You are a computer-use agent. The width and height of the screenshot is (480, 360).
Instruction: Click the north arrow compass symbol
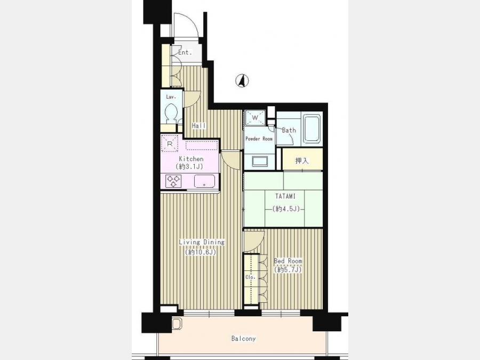coord(242,81)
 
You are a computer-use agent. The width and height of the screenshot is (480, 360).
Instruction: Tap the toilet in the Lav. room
coord(171,114)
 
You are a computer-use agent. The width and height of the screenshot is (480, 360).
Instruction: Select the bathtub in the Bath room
coord(312,128)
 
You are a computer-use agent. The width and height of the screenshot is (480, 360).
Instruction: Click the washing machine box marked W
coord(255,117)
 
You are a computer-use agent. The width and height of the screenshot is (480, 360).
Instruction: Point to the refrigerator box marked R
coord(170,143)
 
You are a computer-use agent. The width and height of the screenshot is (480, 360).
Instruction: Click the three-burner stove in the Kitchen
coord(173,181)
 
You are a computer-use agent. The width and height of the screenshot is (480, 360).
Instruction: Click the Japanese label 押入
coord(302,161)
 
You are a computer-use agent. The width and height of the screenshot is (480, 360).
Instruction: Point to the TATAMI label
coord(285,196)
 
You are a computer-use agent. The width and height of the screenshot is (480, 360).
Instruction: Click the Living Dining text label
coord(202,242)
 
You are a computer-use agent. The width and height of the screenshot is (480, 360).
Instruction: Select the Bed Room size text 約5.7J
coord(288,270)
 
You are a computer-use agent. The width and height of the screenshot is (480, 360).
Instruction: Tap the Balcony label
coord(243,339)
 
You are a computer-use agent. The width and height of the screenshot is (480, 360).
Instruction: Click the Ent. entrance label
coord(185,52)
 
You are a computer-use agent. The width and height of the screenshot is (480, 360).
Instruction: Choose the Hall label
coord(199,125)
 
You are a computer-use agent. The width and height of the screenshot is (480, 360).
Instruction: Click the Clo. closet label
coord(251,277)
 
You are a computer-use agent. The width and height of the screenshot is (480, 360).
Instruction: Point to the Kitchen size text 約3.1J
coord(189,166)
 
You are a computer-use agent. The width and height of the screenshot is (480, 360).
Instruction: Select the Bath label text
coord(289,130)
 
